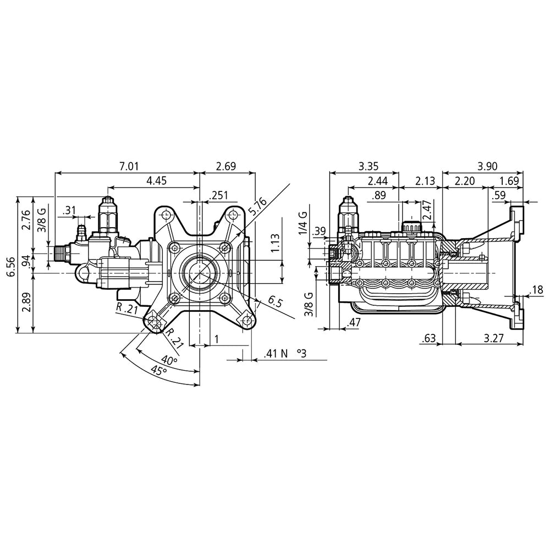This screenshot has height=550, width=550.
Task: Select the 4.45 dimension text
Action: click(157, 180)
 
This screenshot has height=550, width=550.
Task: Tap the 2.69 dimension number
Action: click(227, 166)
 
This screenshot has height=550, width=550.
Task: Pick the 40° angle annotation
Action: click(169, 361)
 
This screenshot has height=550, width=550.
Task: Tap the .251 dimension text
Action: click(219, 195)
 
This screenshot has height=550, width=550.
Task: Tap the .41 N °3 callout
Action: click(284, 354)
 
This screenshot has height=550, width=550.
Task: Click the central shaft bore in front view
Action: click(199, 272)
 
